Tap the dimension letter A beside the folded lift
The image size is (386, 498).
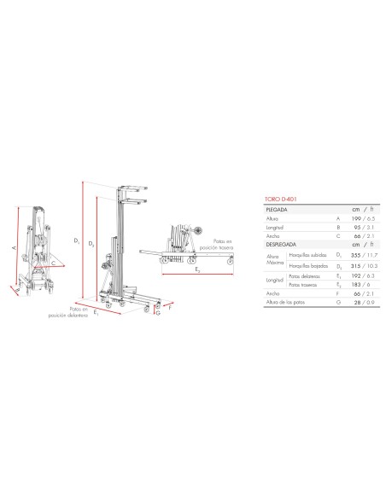click(x=15, y=247)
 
